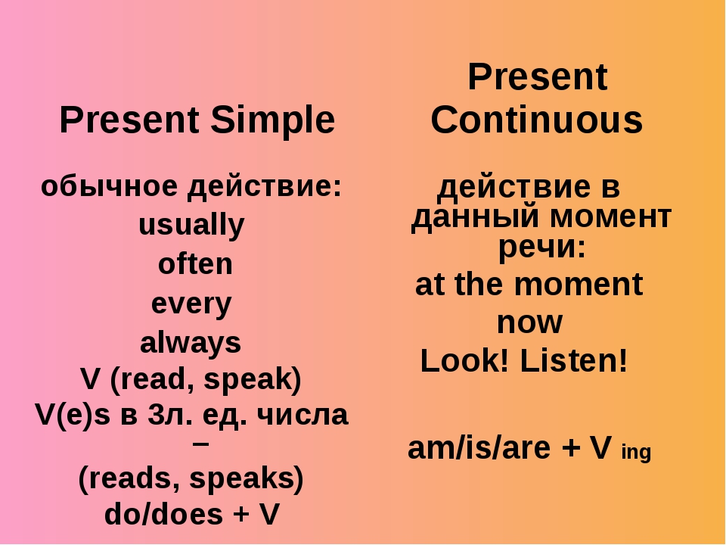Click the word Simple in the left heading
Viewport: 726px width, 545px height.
[273, 120]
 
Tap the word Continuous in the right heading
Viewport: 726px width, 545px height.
[537, 120]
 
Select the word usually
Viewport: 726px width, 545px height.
[191, 226]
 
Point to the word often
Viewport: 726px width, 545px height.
[195, 263]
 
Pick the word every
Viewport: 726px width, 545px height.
[191, 304]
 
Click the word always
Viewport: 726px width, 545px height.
[191, 344]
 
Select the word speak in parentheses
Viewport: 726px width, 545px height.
[248, 380]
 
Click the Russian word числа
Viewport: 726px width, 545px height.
[302, 415]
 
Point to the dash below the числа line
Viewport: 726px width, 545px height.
[201, 444]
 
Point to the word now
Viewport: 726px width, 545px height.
[529, 322]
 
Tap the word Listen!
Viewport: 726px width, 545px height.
[574, 360]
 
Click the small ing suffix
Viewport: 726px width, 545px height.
[636, 452]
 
